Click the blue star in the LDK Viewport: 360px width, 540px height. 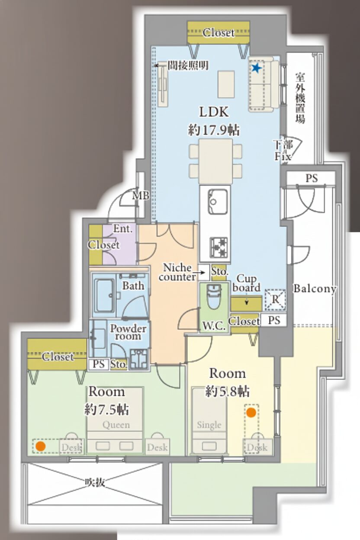click(256, 68)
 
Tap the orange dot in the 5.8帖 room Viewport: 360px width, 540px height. click(251, 412)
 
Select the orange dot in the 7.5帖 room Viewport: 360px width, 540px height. click(40, 447)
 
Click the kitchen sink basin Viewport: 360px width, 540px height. click(218, 201)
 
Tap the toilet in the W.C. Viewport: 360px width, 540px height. click(214, 296)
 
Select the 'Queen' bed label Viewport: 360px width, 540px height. click(116, 425)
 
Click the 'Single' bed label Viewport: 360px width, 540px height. click(209, 425)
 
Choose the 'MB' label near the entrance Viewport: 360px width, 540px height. click(141, 196)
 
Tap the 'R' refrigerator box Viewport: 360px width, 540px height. click(275, 300)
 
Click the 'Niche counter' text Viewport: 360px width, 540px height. click(177, 272)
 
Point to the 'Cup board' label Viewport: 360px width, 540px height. click(246, 283)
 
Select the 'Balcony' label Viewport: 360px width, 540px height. click(315, 288)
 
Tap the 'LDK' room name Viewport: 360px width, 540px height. click(214, 112)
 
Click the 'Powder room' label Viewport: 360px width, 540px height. click(128, 332)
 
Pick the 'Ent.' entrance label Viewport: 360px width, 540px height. click(123, 229)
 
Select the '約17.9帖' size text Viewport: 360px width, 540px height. click(214, 130)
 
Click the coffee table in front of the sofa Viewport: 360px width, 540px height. click(226, 84)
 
